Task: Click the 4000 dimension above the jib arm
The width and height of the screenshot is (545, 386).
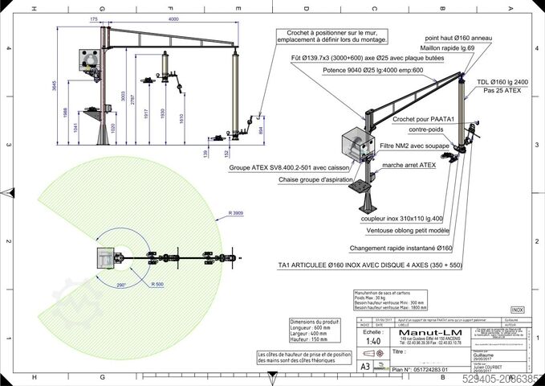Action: point(173,18)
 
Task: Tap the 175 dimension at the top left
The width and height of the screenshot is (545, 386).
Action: point(94,18)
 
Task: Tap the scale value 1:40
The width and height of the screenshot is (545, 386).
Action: point(372,340)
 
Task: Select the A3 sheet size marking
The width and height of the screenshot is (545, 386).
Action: point(366,365)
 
